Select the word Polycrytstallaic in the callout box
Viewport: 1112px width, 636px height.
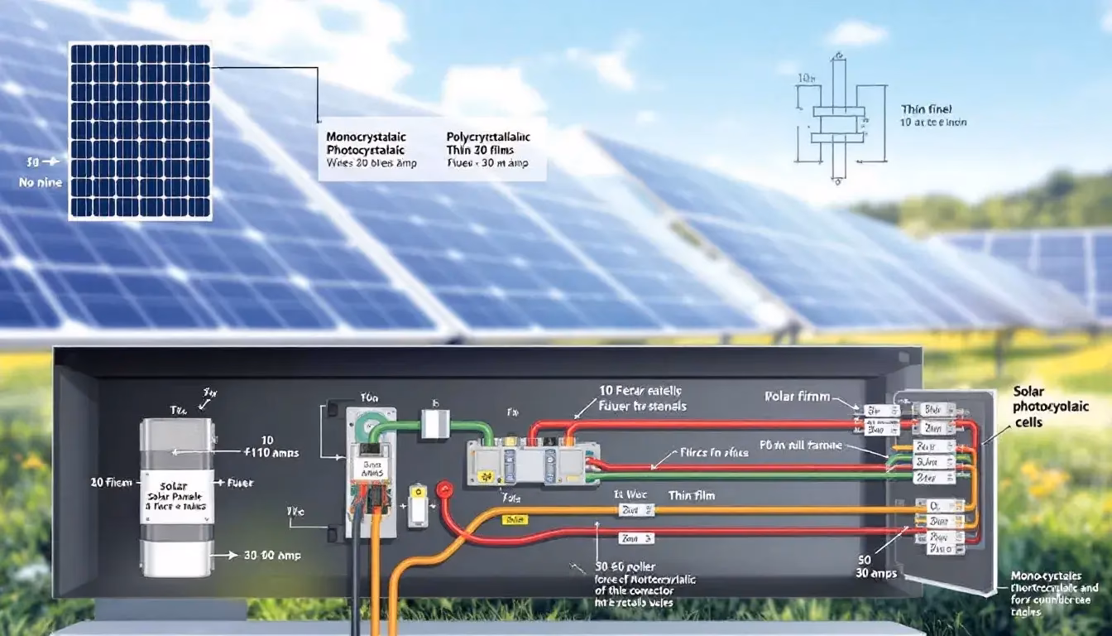[487, 136]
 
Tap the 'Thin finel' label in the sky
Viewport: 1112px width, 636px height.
[926, 108]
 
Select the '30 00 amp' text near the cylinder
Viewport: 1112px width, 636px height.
[271, 556]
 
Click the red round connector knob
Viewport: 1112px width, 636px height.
[445, 489]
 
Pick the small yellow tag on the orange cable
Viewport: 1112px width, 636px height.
[515, 519]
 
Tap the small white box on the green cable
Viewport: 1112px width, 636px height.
[434, 425]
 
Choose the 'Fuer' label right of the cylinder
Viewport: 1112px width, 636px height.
[239, 482]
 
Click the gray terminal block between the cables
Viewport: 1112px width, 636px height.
[533, 462]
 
